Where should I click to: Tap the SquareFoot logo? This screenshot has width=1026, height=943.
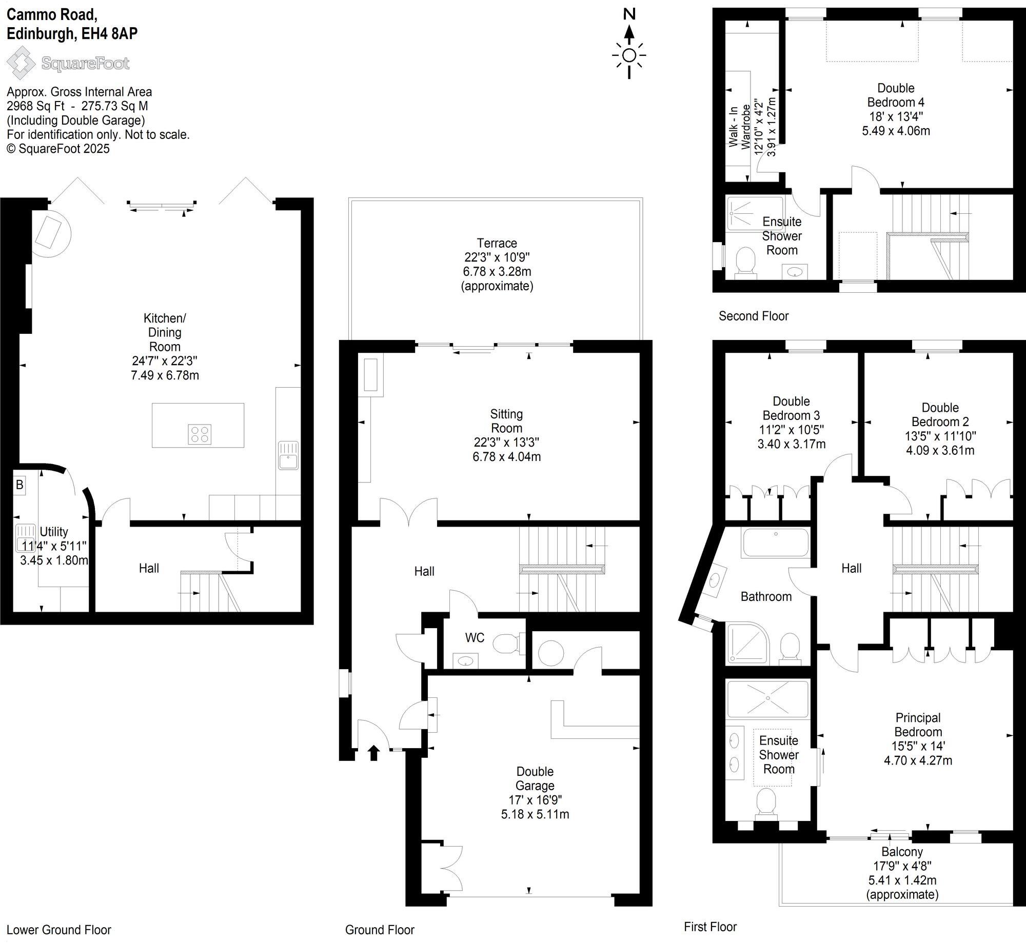pos(68,63)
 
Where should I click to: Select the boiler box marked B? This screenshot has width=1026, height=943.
pos(19,485)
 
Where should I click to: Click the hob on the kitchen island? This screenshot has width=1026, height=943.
pos(199,434)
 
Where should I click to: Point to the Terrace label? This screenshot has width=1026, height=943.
pos(497,243)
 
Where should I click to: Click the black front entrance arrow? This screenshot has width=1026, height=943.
pos(373,753)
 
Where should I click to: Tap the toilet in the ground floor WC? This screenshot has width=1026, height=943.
pos(506,643)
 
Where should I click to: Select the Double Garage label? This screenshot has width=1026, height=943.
pos(535,778)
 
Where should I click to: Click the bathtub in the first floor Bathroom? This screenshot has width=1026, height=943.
pos(775,543)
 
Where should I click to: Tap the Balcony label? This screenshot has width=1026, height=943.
pos(902,852)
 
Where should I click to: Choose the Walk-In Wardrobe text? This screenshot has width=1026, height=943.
pos(739,126)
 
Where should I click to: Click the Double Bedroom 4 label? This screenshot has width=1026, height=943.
pos(896,95)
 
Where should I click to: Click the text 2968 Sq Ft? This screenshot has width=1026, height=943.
pos(36,106)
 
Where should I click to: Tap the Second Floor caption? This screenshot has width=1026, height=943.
pos(753,316)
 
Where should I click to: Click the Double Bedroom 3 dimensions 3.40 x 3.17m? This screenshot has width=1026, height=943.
pos(791,444)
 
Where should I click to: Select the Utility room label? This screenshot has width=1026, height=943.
pos(53,532)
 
